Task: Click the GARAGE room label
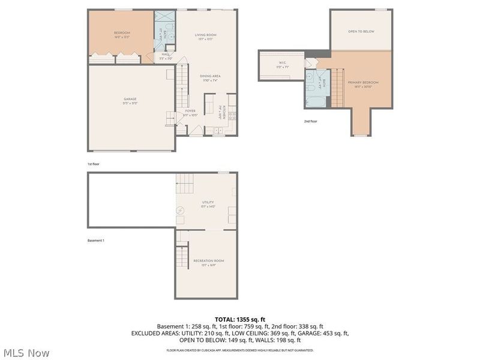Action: pyautogui.click(x=130, y=99)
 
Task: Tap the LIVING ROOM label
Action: pyautogui.click(x=205, y=35)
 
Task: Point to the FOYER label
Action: pyautogui.click(x=190, y=111)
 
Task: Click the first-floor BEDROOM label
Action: pyautogui.click(x=122, y=33)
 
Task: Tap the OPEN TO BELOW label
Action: pyautogui.click(x=361, y=31)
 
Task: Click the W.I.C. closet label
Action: pyautogui.click(x=282, y=62)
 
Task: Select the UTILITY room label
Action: pyautogui.click(x=208, y=203)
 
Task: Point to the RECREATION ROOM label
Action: pyautogui.click(x=208, y=261)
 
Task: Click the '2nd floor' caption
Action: pyautogui.click(x=311, y=121)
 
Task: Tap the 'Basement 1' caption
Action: pyautogui.click(x=96, y=241)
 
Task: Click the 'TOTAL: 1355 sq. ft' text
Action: pyautogui.click(x=240, y=319)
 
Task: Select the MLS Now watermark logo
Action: pyautogui.click(x=27, y=353)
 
